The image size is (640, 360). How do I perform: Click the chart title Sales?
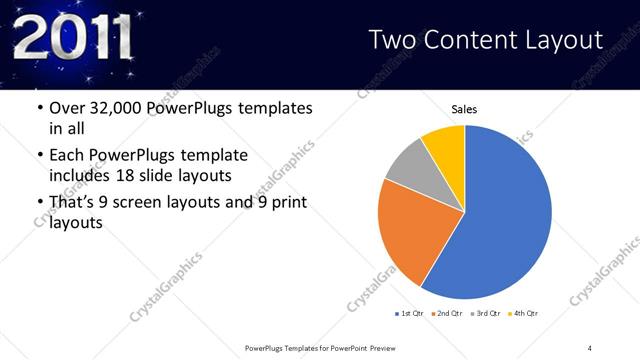(464, 108)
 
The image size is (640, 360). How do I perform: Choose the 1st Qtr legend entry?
(409, 314)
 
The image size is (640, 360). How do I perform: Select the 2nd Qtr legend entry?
(446, 314)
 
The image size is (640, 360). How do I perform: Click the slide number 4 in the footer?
(590, 347)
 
